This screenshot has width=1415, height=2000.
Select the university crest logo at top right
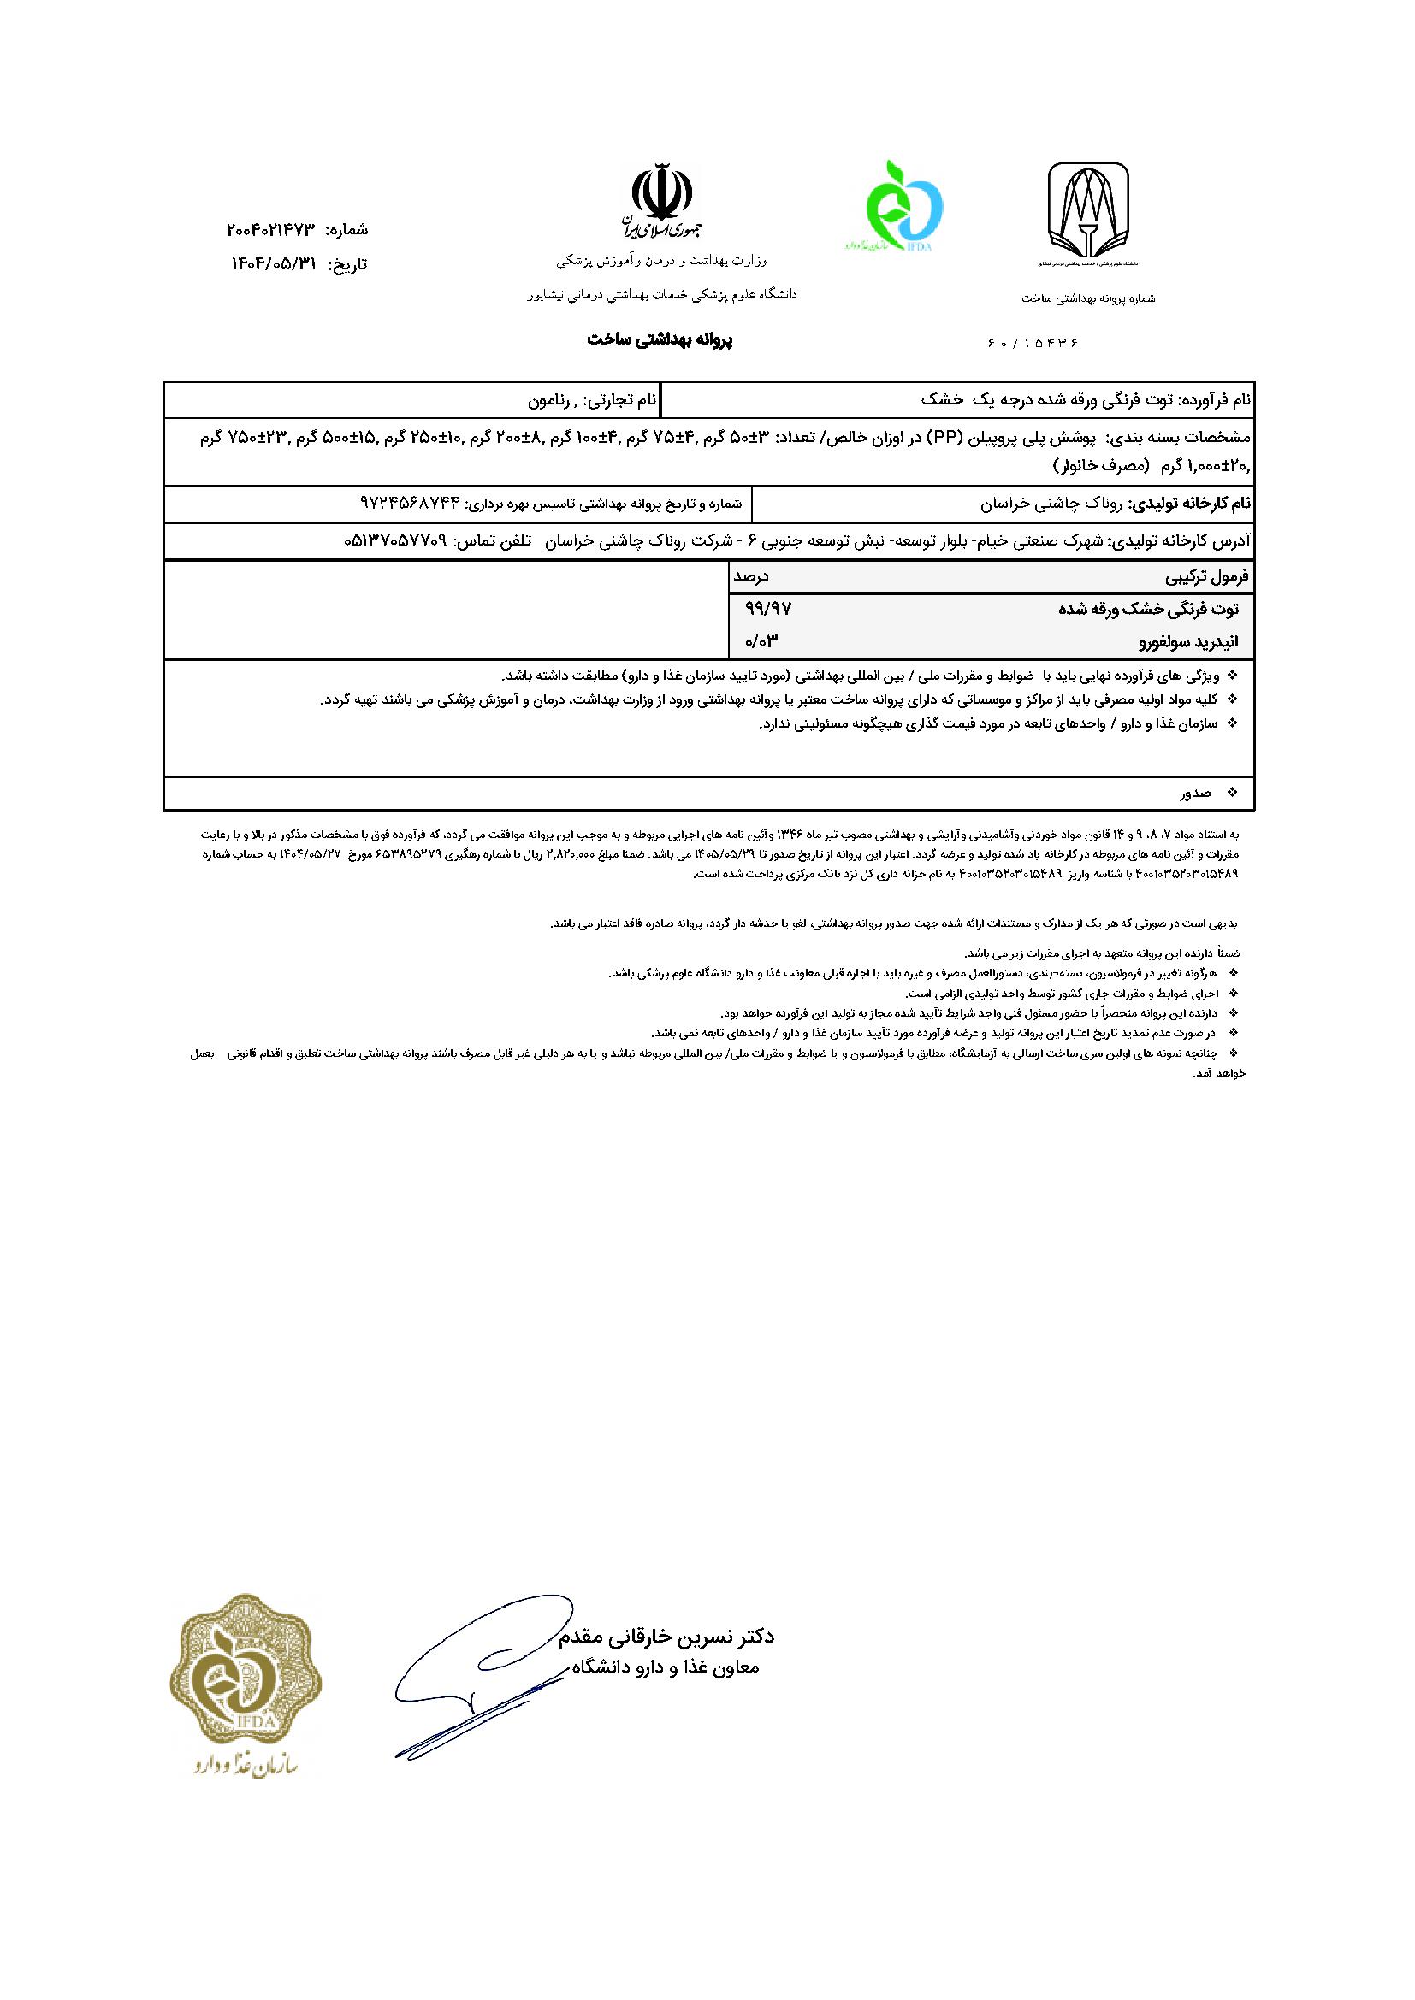tap(1088, 212)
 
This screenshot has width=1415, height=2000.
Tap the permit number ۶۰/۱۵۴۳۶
tap(1033, 343)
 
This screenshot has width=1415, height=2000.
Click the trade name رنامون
tap(549, 402)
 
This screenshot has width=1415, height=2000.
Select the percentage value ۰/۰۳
tap(760, 643)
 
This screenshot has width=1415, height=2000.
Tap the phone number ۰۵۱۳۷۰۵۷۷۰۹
tap(395, 540)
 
